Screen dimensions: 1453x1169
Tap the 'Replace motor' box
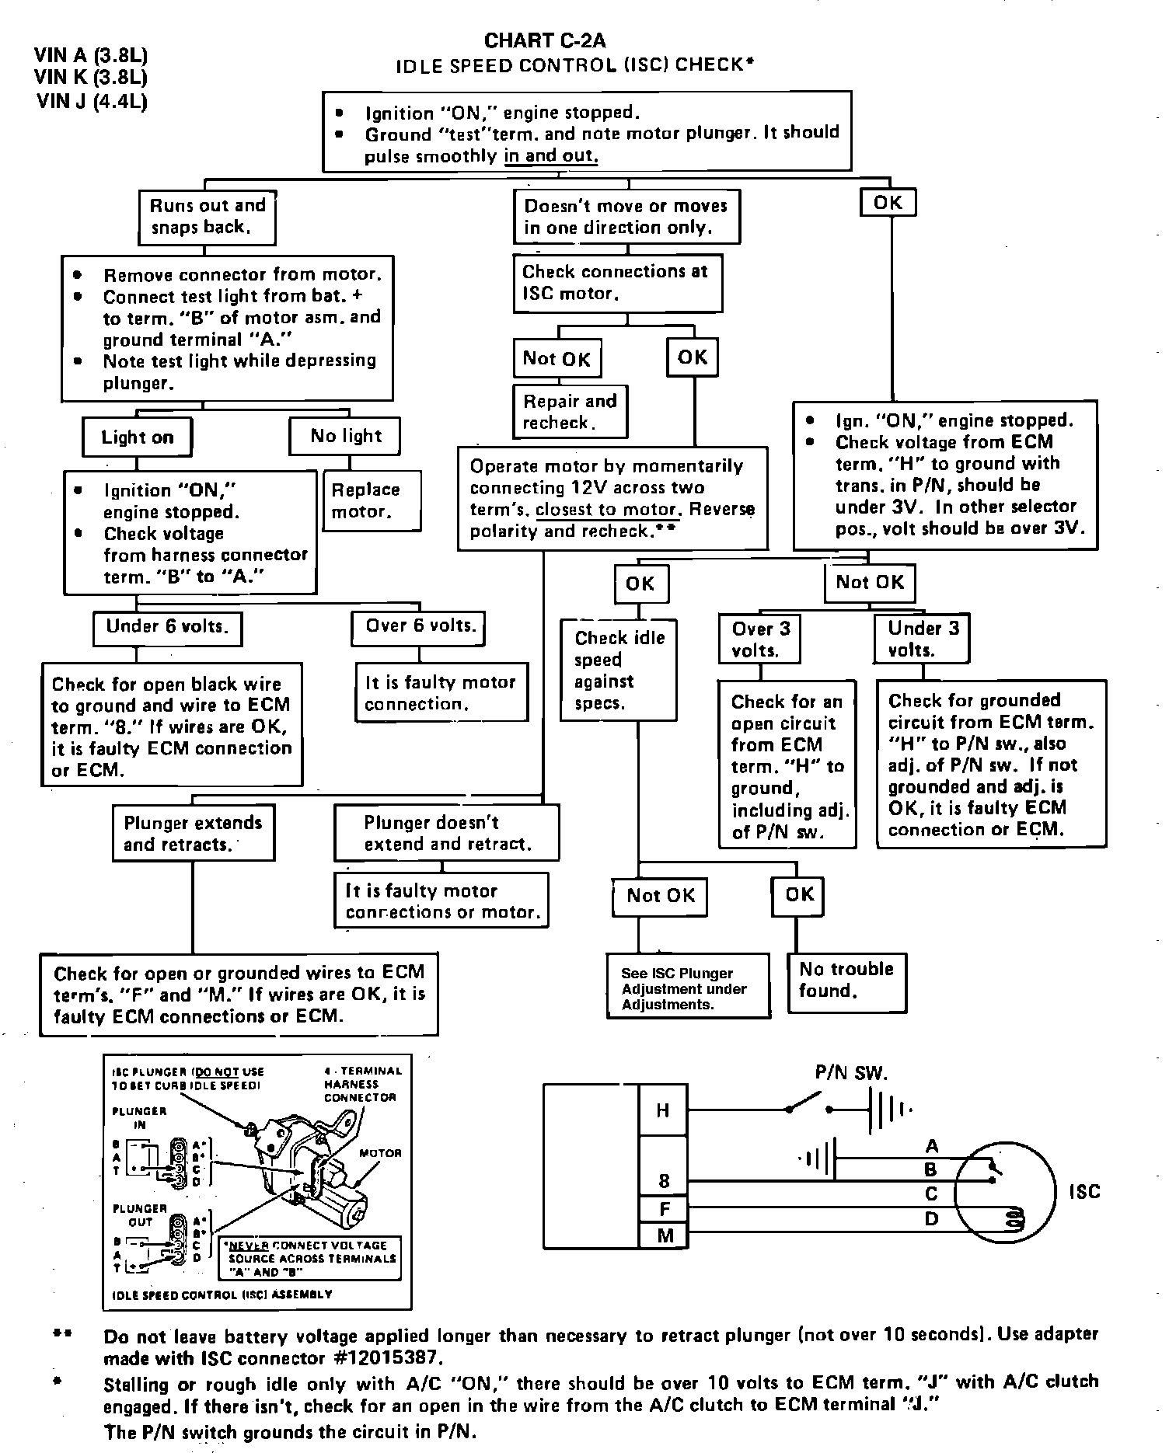(371, 500)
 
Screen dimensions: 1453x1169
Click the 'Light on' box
(137, 437)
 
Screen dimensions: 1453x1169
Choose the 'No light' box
(345, 436)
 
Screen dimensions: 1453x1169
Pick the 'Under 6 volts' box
(167, 627)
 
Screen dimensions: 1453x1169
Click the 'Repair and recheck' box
(570, 412)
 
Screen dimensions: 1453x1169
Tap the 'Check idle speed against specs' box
(619, 670)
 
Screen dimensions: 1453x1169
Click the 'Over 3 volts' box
(759, 639)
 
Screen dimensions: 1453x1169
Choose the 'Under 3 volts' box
(923, 639)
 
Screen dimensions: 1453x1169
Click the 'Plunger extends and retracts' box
(193, 833)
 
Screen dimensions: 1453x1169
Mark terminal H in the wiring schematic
(663, 1110)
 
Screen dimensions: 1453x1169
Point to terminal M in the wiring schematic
(665, 1235)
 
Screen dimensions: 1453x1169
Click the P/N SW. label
(851, 1073)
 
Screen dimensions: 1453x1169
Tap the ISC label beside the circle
(1084, 1191)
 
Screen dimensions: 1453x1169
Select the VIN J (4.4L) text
(92, 101)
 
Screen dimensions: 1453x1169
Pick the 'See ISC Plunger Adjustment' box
(688, 988)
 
